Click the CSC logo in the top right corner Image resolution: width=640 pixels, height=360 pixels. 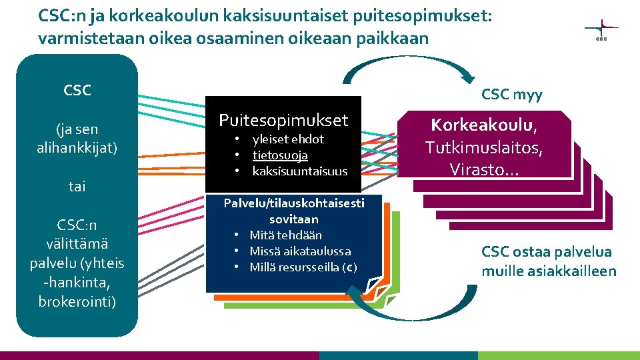pos(601,29)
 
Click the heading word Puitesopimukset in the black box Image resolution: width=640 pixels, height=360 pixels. pos(283,120)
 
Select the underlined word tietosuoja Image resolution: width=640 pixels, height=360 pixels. pos(280,155)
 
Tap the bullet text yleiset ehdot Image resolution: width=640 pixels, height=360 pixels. pos(288,139)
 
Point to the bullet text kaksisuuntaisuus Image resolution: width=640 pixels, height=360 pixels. pos(300,171)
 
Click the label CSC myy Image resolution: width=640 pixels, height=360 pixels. pos(512,95)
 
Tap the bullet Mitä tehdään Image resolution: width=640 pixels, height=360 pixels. pos(285,235)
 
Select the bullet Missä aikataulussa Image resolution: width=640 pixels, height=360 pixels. pos(300,251)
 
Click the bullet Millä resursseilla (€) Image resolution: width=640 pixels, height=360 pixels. pos(303,267)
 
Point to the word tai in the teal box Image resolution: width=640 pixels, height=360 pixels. pos(77,187)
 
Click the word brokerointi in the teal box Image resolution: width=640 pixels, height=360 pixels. pos(77,301)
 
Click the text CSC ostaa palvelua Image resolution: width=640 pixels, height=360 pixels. pos(547,252)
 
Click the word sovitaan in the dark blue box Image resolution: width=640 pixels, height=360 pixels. pos(294,219)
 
